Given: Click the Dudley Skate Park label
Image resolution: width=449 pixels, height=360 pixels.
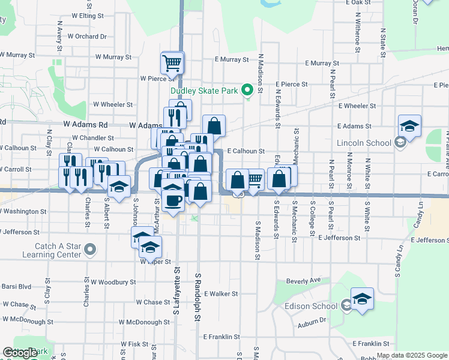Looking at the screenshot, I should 204,91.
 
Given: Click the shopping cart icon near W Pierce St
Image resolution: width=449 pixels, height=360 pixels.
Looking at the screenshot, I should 172,62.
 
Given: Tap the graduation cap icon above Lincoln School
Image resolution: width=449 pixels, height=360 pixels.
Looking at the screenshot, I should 409,125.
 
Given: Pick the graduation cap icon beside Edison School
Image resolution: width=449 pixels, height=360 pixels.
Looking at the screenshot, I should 363,298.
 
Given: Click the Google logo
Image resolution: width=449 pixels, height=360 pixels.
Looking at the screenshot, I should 20,353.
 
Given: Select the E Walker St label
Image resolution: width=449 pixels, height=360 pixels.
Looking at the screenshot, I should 221,294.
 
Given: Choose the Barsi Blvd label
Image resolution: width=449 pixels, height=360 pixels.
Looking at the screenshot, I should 16,286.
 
